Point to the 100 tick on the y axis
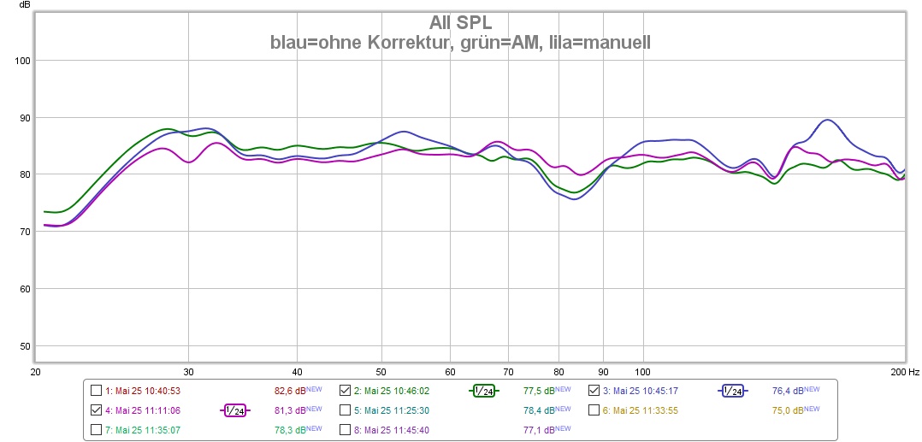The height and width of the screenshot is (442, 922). [24, 61]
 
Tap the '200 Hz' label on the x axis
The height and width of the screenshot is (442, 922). [905, 372]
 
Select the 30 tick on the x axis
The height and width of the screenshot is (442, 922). [189, 372]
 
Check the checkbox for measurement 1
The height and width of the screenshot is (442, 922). [96, 391]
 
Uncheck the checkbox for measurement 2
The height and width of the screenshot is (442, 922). [345, 391]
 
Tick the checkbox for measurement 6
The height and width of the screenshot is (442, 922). [594, 410]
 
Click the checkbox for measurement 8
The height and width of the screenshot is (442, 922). [345, 430]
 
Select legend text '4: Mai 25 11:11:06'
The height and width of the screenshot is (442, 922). [142, 410]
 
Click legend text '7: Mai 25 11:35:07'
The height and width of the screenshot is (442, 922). [142, 430]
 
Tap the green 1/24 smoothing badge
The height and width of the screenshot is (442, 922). [483, 391]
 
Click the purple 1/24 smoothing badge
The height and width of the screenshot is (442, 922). [234, 410]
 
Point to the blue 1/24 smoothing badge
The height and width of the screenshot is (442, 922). [732, 391]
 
